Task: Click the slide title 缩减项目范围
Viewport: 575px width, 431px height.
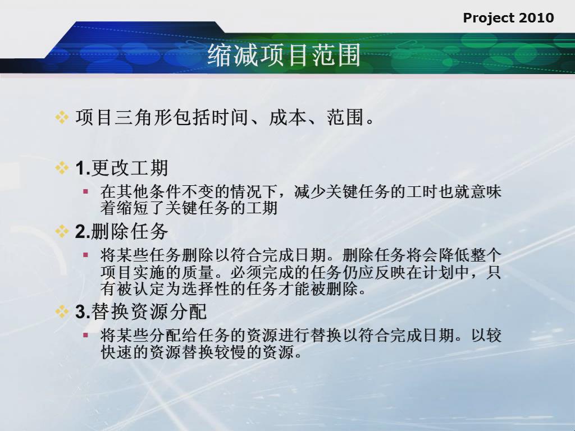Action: tap(284, 56)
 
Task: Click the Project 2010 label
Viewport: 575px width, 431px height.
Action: tap(508, 18)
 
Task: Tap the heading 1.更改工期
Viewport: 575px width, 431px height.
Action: tap(122, 168)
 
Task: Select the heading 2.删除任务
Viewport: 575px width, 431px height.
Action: tap(122, 232)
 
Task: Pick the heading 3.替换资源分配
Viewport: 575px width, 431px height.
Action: tap(141, 312)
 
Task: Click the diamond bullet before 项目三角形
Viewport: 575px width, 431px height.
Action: tap(62, 118)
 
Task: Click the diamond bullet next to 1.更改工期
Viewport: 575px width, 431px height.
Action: tap(62, 168)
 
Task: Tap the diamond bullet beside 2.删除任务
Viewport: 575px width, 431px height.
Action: tap(62, 231)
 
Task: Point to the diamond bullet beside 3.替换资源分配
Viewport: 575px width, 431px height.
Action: tap(62, 311)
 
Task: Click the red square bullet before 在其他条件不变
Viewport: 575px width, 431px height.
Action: tap(86, 191)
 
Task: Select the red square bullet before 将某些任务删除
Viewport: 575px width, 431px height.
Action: tap(86, 255)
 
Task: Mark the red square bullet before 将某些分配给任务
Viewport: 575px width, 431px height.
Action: tap(86, 335)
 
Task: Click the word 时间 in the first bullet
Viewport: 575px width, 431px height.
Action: tap(230, 118)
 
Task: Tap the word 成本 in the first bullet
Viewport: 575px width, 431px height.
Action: tap(287, 118)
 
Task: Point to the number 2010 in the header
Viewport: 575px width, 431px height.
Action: tap(536, 17)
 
